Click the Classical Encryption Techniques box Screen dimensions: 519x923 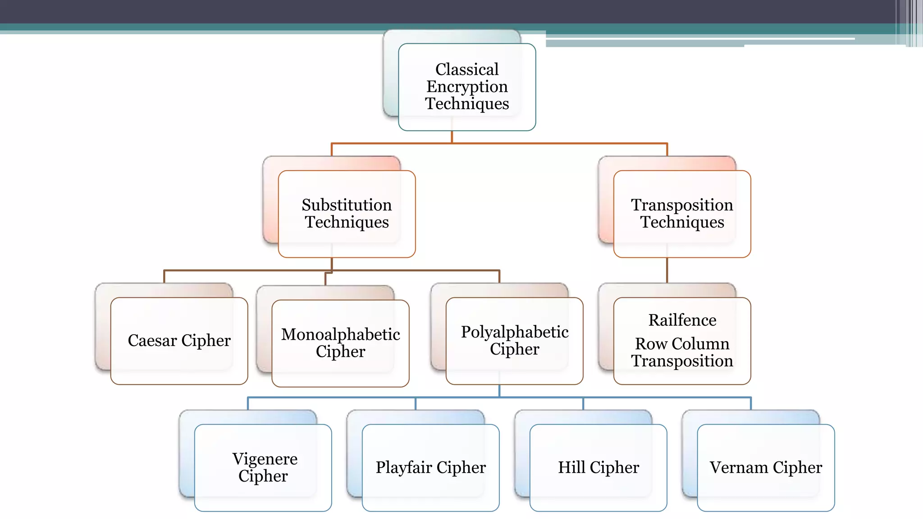point(467,87)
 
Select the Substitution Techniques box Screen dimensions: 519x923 point(347,214)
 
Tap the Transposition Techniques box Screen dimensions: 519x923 point(682,214)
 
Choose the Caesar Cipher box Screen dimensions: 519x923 point(179,341)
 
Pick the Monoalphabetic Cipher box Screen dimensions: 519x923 point(340,343)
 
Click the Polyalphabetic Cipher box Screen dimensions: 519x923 point(514,341)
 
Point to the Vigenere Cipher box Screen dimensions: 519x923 point(263,468)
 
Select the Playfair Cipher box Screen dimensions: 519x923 point(430,468)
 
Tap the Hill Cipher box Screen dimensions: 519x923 point(598,468)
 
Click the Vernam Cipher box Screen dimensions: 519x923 point(766,468)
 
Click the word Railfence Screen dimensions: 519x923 point(682,320)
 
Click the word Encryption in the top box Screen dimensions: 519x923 point(467,86)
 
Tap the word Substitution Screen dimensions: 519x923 point(347,205)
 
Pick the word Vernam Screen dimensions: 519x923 point(739,468)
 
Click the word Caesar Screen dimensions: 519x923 point(152,341)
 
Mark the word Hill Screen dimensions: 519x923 point(571,468)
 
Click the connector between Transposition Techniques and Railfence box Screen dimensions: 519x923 point(667,270)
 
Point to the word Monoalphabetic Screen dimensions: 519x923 point(340,335)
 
